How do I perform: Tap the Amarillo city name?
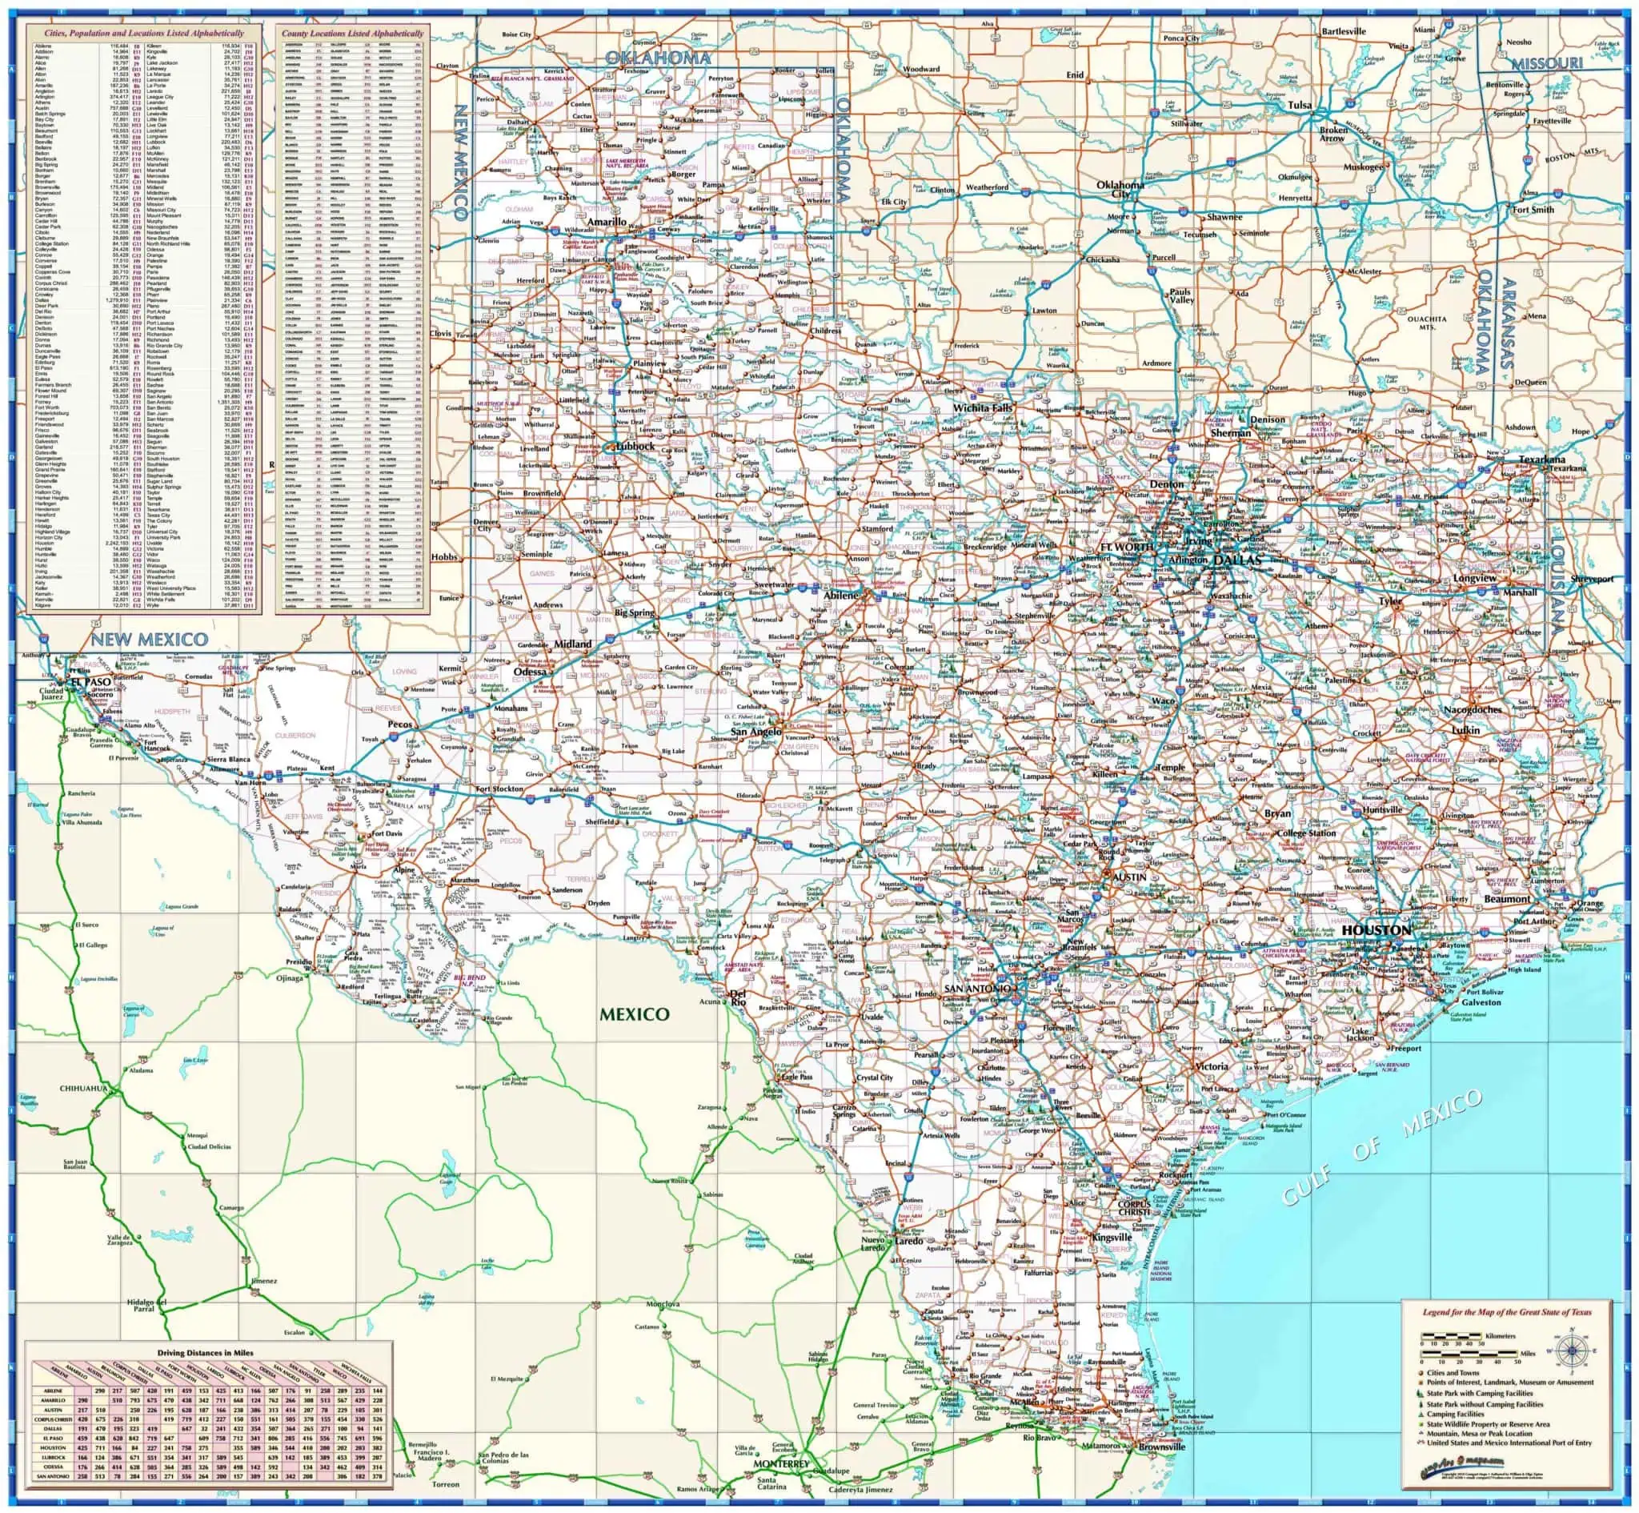pos(607,222)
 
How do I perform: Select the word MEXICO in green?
pos(634,1013)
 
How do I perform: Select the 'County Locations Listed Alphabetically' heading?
pos(352,34)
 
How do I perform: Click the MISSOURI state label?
pos(1546,64)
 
